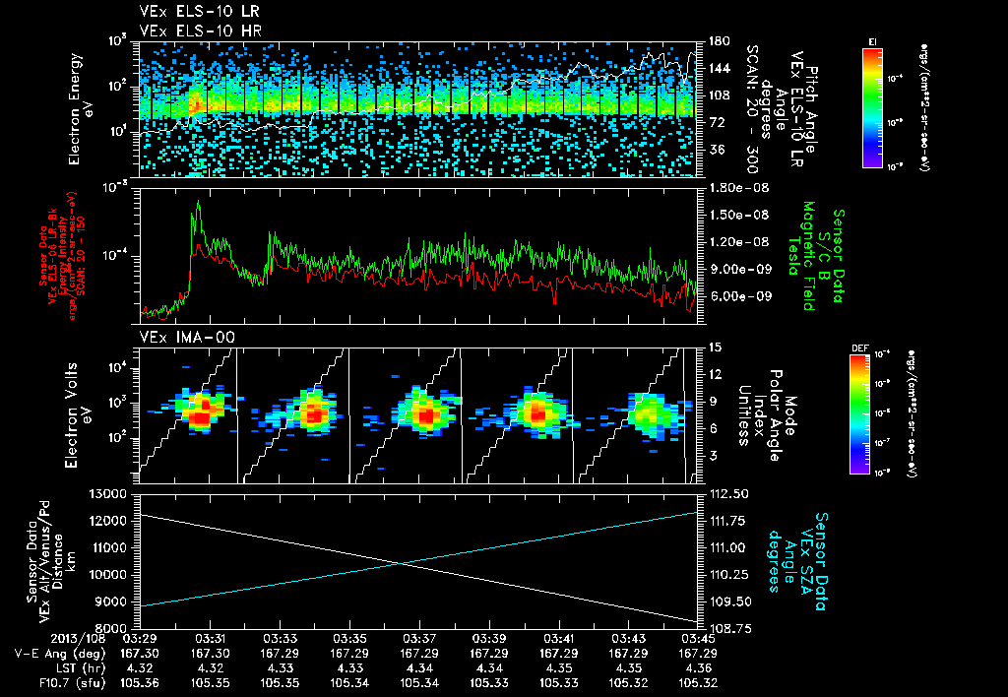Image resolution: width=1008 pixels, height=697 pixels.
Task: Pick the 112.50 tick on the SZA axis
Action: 724,493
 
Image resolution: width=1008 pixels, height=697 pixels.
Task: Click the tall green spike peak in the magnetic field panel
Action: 198,202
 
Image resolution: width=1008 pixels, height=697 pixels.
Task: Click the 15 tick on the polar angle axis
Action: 713,347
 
